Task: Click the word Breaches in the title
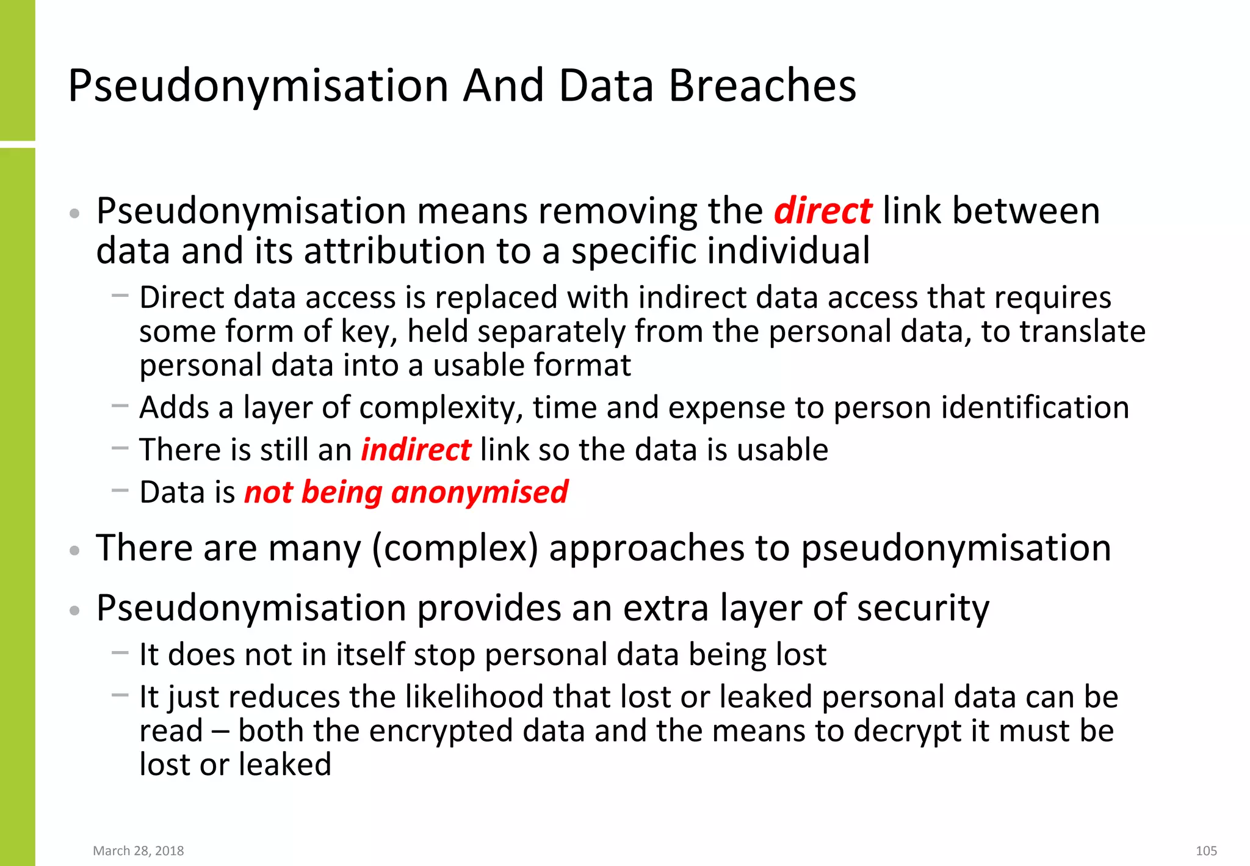point(762,86)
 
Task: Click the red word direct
point(823,211)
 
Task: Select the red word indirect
point(416,450)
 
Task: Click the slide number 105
point(1206,851)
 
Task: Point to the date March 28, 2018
point(138,851)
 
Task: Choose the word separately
point(551,332)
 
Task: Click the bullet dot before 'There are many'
point(74,550)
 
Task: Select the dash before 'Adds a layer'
point(120,405)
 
